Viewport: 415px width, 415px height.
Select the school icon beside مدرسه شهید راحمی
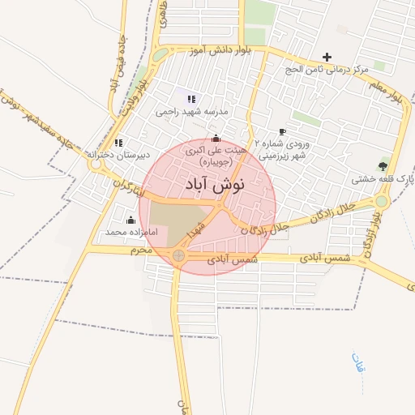(x=191, y=99)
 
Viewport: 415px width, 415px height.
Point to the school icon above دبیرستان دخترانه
(x=118, y=143)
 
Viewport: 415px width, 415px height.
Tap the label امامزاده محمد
(x=129, y=232)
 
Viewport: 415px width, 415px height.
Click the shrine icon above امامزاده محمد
(x=130, y=220)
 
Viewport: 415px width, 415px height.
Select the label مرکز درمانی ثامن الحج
(x=324, y=70)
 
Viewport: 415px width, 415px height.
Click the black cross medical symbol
(x=327, y=57)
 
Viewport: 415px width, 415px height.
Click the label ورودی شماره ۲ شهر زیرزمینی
(x=282, y=148)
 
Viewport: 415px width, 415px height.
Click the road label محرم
(x=142, y=250)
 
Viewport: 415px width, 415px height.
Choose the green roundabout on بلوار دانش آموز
(x=160, y=55)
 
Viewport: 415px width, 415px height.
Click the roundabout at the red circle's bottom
(x=178, y=256)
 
